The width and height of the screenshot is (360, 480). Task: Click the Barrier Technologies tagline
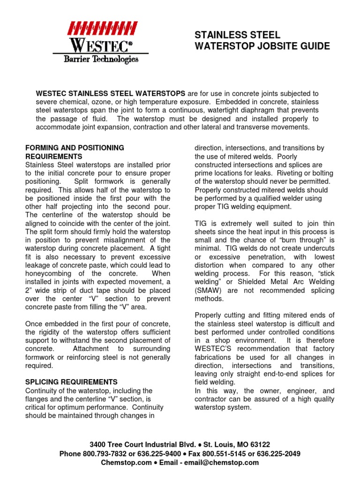[101, 59]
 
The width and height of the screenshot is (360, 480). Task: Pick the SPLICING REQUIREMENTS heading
[71, 382]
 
